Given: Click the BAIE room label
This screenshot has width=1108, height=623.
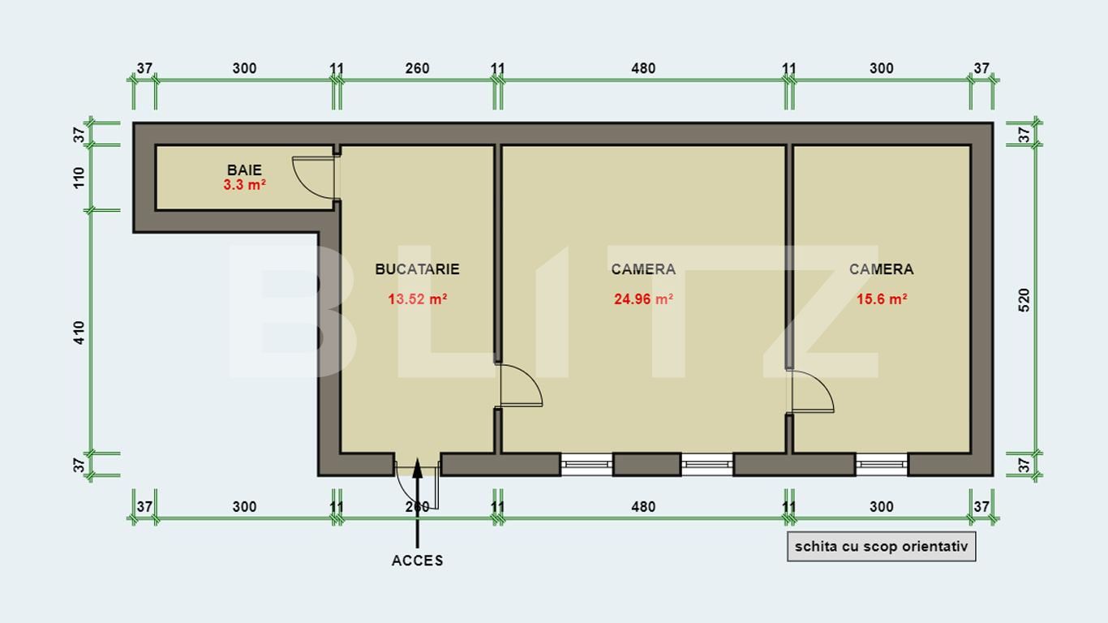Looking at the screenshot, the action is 244,170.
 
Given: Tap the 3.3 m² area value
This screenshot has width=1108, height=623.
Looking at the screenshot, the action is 244,185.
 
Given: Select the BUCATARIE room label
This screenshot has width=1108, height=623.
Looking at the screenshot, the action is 417,269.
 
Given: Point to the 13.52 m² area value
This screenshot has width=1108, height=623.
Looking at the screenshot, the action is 418,299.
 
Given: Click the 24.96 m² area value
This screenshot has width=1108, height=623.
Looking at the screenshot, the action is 643,299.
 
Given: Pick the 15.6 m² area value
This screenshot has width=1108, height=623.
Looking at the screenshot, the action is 882,299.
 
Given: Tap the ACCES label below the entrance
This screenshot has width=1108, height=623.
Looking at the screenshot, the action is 417,561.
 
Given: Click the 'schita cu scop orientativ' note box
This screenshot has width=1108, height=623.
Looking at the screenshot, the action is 882,547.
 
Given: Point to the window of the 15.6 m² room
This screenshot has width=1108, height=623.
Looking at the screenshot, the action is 882,465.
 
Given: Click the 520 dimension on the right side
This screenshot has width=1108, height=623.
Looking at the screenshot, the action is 1024,300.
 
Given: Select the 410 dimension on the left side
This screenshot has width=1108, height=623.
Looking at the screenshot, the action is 79,333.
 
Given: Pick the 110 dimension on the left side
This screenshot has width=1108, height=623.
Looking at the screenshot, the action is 79,178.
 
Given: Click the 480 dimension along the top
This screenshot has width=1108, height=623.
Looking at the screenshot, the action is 643,68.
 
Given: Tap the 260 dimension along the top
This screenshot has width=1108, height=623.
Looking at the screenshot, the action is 417,68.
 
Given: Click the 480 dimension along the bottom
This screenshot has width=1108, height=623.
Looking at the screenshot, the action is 643,507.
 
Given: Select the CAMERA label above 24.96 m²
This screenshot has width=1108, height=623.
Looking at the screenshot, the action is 643,269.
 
